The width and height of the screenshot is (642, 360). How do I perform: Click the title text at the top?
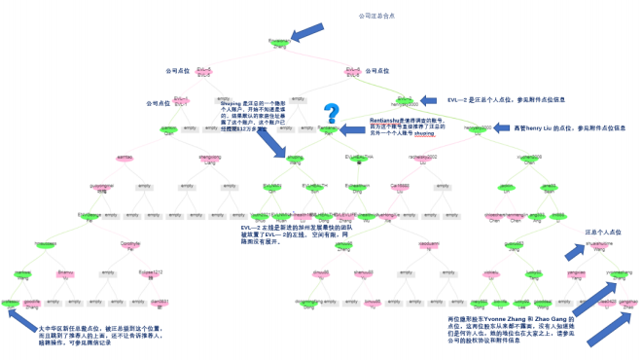click(378, 17)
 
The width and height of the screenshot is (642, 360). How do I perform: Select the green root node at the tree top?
click(278, 43)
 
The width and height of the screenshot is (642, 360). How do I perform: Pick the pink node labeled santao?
click(125, 158)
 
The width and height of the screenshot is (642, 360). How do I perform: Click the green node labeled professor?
click(11, 304)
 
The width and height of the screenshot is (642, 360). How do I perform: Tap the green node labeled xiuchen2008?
click(503, 158)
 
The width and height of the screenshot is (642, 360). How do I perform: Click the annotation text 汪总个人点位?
click(603, 233)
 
